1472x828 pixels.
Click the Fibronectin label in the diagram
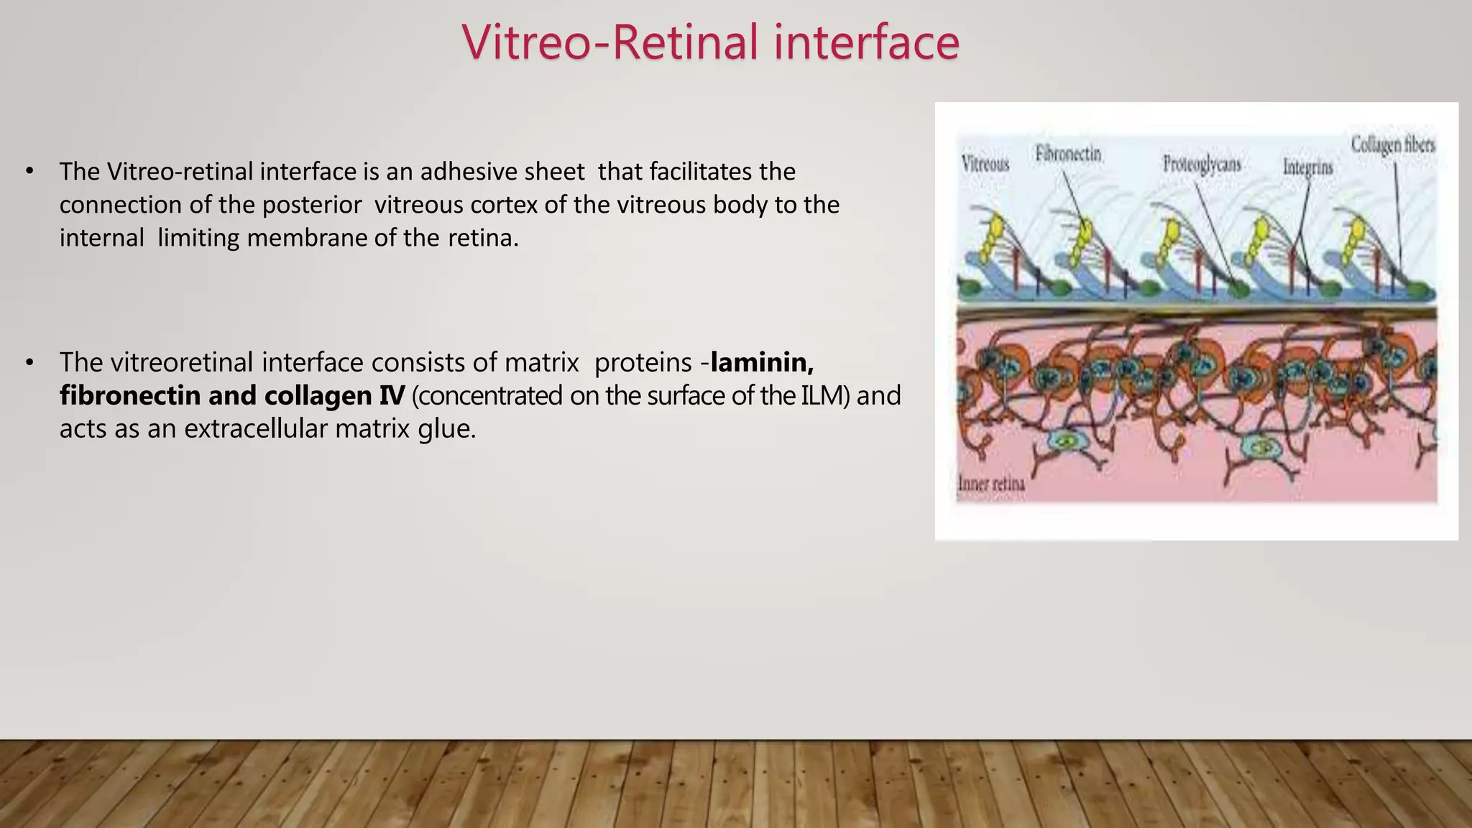(1068, 154)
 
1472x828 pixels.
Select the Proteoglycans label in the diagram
(1202, 164)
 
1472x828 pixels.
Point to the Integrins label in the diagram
(1307, 167)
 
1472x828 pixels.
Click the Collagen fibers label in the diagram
(1392, 144)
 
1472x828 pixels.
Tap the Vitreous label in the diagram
(985, 164)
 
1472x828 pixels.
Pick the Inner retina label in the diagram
(991, 484)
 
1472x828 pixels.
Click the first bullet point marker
(29, 172)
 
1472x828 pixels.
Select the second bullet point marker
(29, 363)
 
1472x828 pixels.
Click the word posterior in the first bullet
(311, 205)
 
